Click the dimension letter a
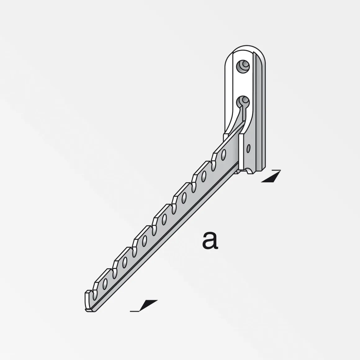[210, 241]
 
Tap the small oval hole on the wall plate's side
[248, 148]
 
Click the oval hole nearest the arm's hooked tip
[105, 284]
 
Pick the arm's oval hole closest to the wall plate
[223, 155]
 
